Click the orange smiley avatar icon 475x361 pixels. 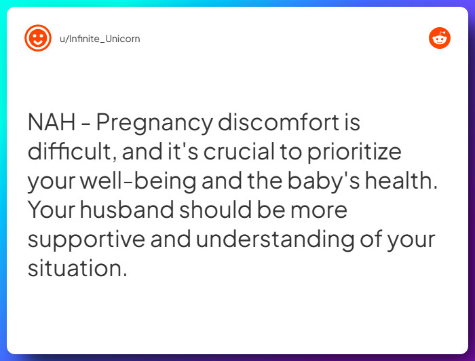point(37,38)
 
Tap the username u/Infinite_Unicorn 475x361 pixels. point(100,39)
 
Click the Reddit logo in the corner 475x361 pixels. point(440,38)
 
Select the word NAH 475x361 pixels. point(52,123)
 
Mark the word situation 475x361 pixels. point(77,269)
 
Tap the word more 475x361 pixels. point(319,210)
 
